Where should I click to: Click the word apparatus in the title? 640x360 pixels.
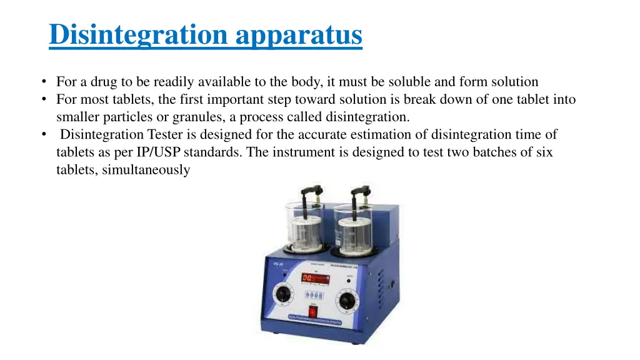[x=299, y=34]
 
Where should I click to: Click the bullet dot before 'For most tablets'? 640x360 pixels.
[x=46, y=99]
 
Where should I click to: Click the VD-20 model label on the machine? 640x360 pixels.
[x=279, y=264]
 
